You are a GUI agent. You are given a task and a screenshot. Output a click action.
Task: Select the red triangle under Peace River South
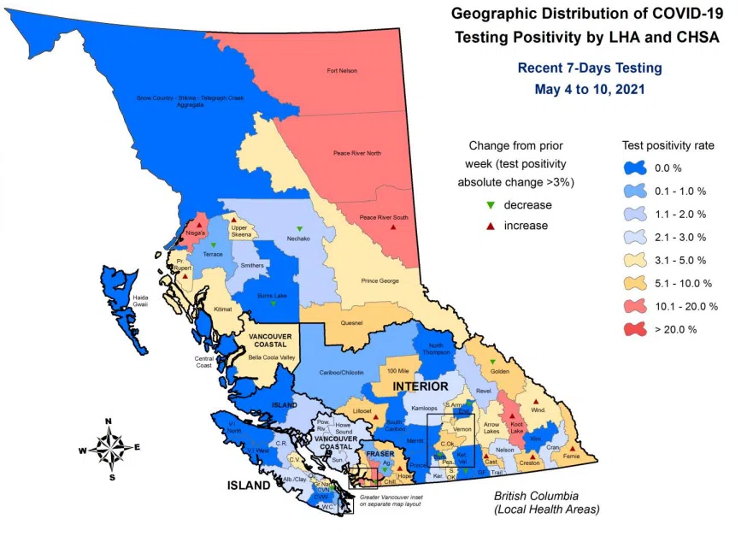(393, 227)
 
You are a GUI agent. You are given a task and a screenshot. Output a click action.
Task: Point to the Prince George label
(380, 280)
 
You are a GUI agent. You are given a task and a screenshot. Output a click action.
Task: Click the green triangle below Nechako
(299, 228)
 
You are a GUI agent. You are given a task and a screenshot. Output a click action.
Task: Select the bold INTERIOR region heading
(421, 387)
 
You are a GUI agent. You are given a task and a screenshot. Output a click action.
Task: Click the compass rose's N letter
(109, 421)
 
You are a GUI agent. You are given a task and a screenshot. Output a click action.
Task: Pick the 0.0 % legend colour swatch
(636, 168)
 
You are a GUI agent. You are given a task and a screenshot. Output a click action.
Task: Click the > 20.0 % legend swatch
(636, 329)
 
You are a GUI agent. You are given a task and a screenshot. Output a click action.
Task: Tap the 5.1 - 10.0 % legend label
(684, 283)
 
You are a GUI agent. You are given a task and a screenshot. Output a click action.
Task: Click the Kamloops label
(425, 410)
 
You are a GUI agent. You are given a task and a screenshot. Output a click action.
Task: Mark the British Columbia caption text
(536, 496)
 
